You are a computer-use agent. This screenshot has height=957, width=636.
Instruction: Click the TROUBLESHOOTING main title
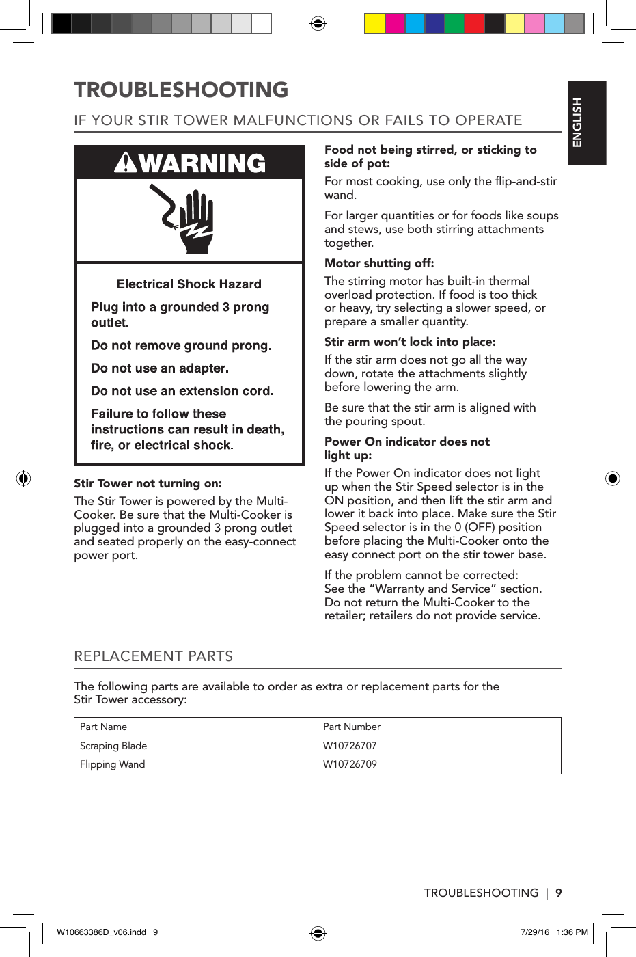[x=181, y=90]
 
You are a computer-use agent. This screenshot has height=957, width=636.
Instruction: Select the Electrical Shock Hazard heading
[x=189, y=284]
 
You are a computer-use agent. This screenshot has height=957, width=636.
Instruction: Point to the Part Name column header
[x=104, y=727]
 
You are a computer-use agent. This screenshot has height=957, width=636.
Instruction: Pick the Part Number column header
[x=352, y=727]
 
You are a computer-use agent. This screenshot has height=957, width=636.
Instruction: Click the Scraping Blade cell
[x=113, y=746]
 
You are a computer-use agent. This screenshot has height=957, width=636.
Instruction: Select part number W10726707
[x=350, y=746]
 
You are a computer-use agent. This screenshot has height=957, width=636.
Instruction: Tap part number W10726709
[x=350, y=764]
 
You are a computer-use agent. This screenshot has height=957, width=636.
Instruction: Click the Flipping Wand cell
[x=113, y=764]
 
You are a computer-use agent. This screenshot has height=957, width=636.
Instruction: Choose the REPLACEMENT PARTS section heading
[x=154, y=656]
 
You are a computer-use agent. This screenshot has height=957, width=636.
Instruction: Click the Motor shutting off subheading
[x=379, y=263]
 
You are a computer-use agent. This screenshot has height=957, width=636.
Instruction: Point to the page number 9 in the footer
[x=559, y=893]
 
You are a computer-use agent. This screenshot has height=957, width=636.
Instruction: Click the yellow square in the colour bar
[x=374, y=24]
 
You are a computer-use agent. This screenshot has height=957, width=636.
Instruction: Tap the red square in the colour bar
[x=474, y=24]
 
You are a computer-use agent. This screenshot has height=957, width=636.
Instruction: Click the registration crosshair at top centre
[x=318, y=24]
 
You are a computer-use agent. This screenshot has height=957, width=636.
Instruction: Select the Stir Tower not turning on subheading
[x=148, y=483]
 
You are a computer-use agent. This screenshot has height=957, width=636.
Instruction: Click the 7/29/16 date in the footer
[x=535, y=932]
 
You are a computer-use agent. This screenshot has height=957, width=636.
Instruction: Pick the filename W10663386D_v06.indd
[x=101, y=932]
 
